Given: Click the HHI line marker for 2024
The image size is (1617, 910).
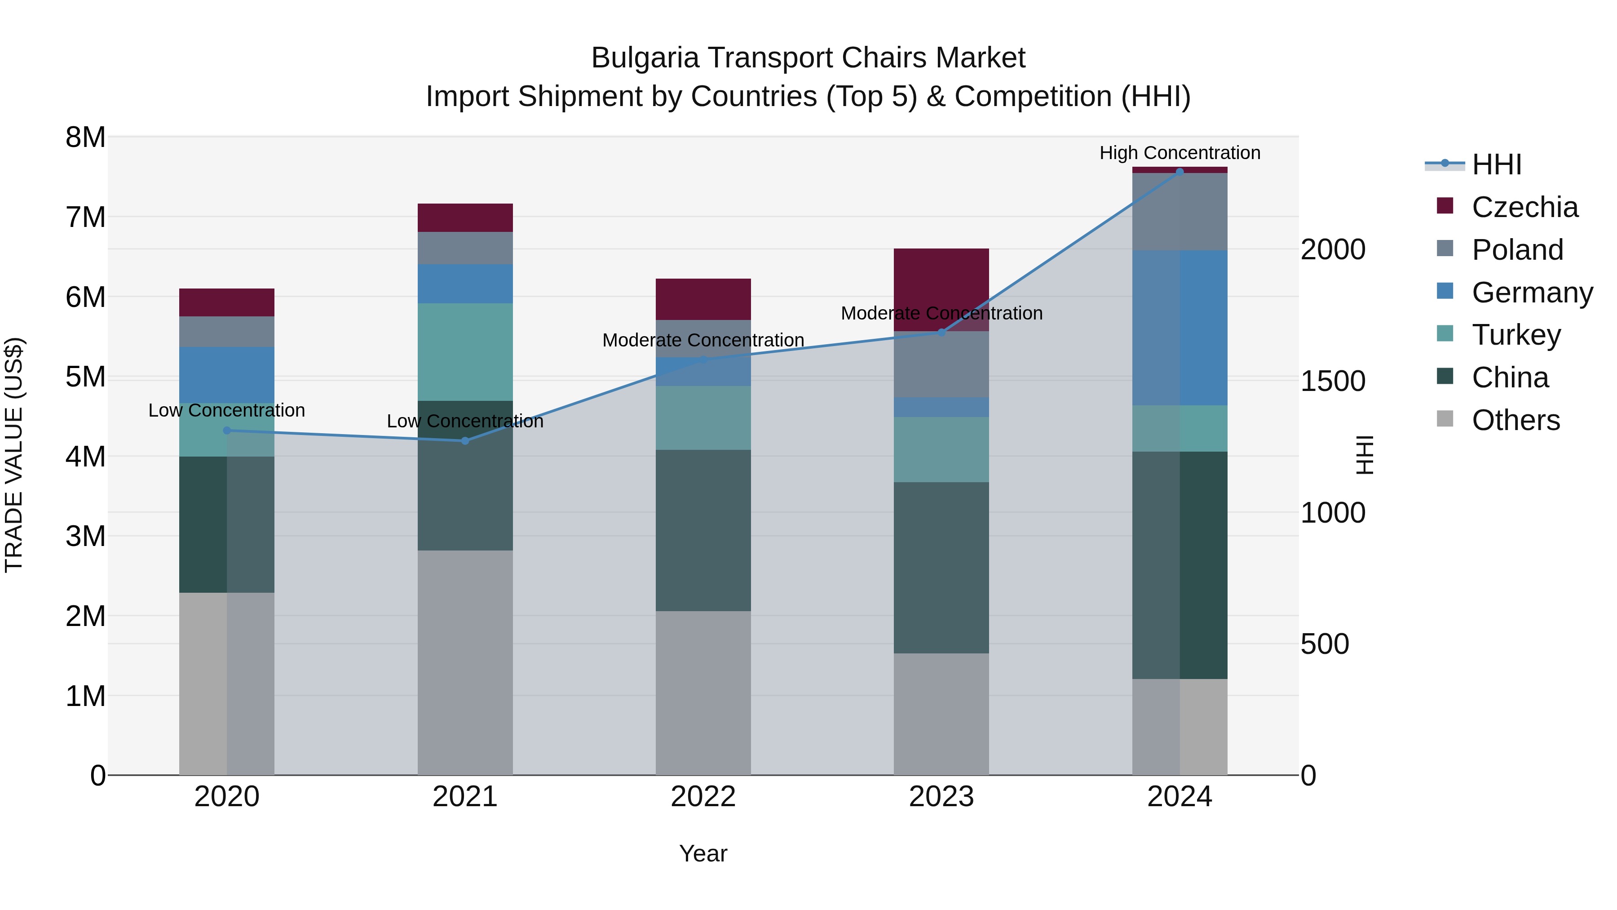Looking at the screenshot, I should point(1180,172).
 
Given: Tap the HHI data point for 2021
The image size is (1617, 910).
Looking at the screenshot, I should point(465,441).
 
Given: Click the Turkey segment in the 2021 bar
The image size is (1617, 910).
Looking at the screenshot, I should point(465,352).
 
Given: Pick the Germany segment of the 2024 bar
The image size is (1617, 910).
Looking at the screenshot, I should point(1180,328).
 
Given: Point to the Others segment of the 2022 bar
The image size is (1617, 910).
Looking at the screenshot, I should point(703,692).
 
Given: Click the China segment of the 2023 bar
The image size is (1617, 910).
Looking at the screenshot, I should point(941,568).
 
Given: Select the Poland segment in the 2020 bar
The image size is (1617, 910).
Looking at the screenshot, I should point(227,332).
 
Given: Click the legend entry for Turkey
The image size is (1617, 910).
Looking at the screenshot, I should point(1516,335).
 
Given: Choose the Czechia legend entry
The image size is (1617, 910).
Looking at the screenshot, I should point(1524,207).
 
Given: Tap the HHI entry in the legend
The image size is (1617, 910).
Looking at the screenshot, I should point(1496,164).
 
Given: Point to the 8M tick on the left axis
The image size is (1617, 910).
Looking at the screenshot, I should point(85,138).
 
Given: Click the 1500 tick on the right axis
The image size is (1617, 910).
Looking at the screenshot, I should point(1333,381).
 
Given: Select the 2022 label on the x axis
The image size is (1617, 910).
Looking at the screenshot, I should point(703,797).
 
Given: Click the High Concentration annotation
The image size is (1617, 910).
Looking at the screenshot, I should point(1180,153).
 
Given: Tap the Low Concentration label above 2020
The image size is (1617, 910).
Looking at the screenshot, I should point(227,410).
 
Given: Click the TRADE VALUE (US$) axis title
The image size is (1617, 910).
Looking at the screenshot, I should point(14,455).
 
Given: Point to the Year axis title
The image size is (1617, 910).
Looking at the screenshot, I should point(703,853).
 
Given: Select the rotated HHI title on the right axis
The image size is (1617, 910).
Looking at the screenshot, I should point(1365,455).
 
